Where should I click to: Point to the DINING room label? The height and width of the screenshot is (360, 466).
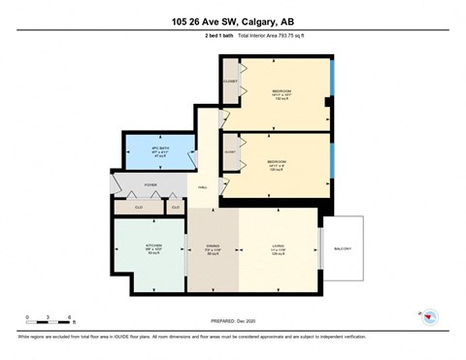(x=212, y=246)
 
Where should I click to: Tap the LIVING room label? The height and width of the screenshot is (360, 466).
(x=278, y=246)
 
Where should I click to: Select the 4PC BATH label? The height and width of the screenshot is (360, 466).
(x=148, y=148)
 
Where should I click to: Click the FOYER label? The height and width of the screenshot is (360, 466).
(x=151, y=181)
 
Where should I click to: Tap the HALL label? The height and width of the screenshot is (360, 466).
(x=203, y=186)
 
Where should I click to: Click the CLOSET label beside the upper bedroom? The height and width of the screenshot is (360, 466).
(x=230, y=82)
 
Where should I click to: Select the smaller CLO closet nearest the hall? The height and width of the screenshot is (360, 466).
(x=175, y=206)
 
